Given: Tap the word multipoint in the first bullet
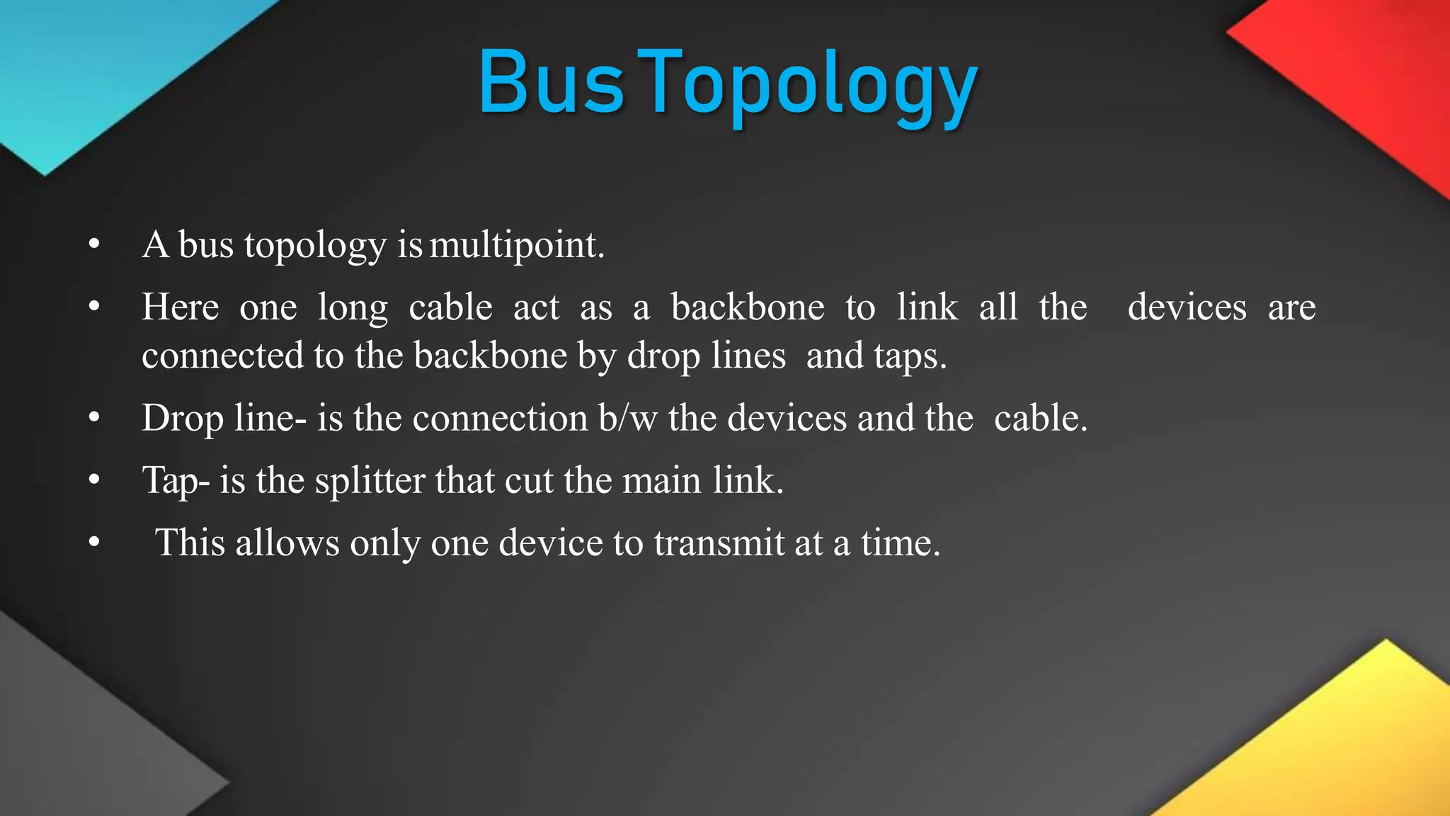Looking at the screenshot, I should pyautogui.click(x=517, y=245).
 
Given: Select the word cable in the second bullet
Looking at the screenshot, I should pyautogui.click(x=450, y=307).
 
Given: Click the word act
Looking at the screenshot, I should pyautogui.click(x=536, y=307).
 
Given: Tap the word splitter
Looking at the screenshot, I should pyautogui.click(x=369, y=481).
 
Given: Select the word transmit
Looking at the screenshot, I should pyautogui.click(x=719, y=543).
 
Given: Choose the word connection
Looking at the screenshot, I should pyautogui.click(x=500, y=418).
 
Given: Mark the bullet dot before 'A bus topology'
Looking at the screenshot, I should pyautogui.click(x=94, y=245).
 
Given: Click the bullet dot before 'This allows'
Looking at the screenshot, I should pyautogui.click(x=94, y=543).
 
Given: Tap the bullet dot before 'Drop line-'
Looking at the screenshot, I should pyautogui.click(x=94, y=418).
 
